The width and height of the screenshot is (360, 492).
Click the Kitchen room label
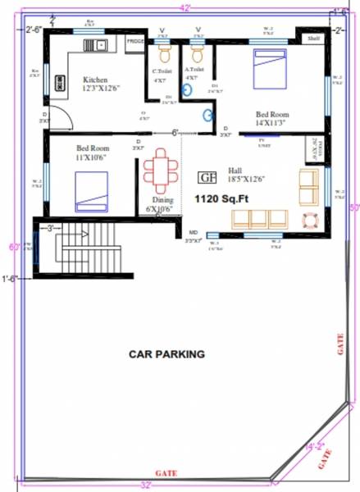coord(94,80)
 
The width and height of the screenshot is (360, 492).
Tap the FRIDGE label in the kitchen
coord(135,39)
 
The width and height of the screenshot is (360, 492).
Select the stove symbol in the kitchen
coord(60,83)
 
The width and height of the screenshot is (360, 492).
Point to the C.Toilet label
coord(162,71)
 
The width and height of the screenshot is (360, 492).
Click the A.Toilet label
coord(194,71)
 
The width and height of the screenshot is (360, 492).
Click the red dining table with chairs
coord(159,171)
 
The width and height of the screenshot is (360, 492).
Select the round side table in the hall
coord(310,220)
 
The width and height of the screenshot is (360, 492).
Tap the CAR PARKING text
coord(166,354)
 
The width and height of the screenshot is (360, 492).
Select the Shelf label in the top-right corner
coord(312,39)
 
